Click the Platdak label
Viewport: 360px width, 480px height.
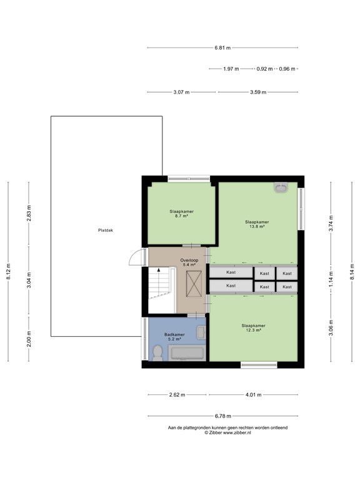tap(105, 230)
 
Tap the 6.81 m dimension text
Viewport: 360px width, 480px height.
tap(222, 47)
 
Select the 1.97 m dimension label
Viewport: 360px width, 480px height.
tap(231, 69)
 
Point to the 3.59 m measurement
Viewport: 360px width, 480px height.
tap(258, 92)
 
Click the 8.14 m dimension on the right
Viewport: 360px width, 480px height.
tap(352, 272)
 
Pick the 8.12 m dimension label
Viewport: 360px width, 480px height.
tap(8, 271)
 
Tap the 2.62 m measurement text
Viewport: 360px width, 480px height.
tap(177, 395)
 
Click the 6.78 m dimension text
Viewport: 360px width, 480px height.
tap(223, 416)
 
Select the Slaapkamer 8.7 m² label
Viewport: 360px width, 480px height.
tap(181, 213)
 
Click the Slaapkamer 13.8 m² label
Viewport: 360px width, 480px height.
tap(257, 224)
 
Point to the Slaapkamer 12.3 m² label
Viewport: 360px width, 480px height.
tap(253, 328)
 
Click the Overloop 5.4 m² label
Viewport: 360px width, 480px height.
tap(189, 262)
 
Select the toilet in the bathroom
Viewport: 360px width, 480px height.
tap(157, 353)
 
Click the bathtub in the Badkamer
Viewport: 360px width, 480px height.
tap(187, 353)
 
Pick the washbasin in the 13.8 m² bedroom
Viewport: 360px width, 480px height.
tap(281, 187)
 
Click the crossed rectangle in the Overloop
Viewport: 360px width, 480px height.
tap(194, 284)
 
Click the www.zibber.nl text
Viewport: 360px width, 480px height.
tap(237, 432)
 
